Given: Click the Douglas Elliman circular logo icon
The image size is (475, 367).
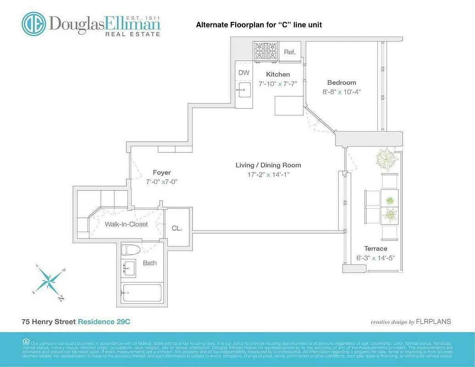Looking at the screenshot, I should click(34, 24).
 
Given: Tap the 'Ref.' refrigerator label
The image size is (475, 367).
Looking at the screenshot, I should click(290, 52).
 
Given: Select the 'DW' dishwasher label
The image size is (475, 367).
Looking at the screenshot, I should click(244, 72).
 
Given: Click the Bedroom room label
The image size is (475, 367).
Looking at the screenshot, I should click(342, 83).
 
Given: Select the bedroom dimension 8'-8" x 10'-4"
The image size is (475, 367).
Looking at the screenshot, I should click(342, 91).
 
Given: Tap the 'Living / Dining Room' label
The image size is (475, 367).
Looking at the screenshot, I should click(268, 165).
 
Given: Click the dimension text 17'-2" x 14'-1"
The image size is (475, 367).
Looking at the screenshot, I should click(268, 174).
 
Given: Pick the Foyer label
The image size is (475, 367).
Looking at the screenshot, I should click(162, 172).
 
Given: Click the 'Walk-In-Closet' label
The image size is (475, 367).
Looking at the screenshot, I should click(127, 224).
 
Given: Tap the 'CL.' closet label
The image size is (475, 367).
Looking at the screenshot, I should click(177, 228).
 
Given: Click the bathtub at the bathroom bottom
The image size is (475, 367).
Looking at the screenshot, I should click(142, 292).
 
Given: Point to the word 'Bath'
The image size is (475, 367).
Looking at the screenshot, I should click(149, 263).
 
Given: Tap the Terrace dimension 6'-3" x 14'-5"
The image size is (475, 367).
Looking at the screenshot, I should click(376, 258).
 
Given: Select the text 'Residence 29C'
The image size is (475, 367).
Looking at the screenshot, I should click(104, 322).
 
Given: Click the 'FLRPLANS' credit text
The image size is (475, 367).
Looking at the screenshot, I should click(433, 322).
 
